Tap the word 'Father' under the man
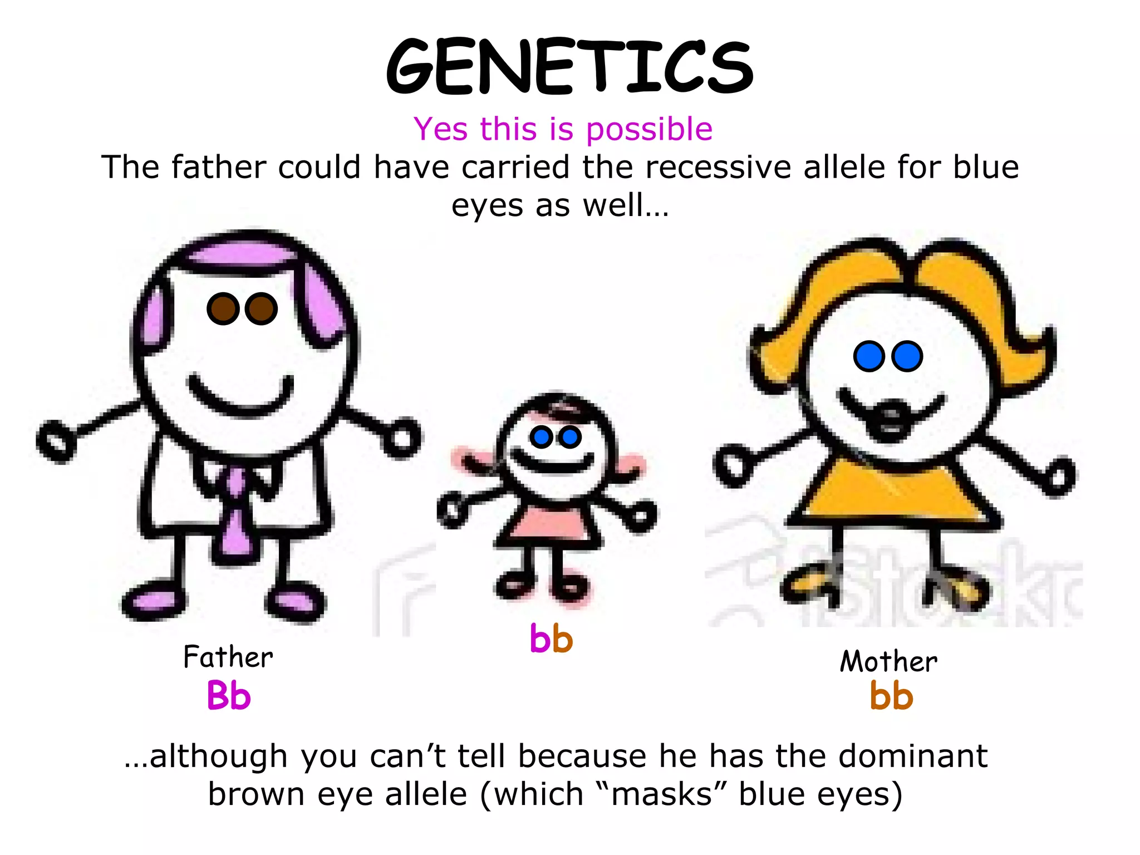228,657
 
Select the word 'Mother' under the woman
888,662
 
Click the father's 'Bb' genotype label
229,696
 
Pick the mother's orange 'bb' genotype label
891,696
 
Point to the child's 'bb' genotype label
551,639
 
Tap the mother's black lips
890,420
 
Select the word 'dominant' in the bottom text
913,756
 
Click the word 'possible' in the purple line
649,130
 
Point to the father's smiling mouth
241,398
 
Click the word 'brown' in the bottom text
255,794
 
